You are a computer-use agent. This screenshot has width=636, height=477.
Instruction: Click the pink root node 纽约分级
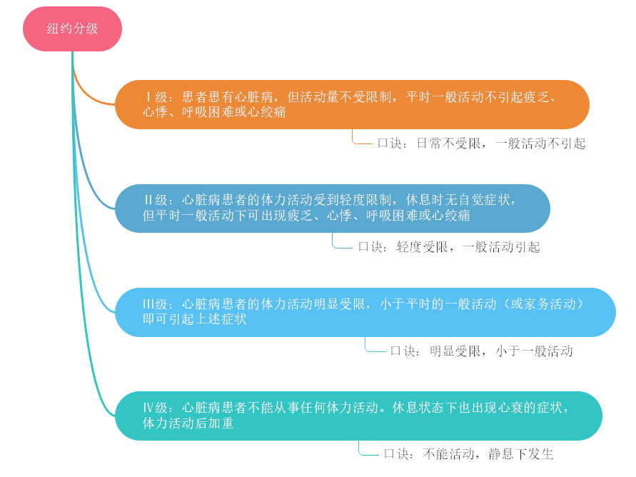pos(72,29)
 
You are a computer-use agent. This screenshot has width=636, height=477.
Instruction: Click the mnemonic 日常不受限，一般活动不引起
pos(481,144)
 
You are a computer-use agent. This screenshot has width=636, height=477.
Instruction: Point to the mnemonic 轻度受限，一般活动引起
pos(449,247)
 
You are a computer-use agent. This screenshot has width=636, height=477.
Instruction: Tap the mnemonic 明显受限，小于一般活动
pos(481,351)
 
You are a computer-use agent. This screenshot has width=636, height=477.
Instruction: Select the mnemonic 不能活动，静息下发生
pos(468,454)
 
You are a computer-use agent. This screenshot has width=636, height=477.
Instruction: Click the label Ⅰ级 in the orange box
pos(156,97)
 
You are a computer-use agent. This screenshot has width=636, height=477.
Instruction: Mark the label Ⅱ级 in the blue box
pos(156,201)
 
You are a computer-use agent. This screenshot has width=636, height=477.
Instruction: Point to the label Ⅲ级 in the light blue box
pos(156,305)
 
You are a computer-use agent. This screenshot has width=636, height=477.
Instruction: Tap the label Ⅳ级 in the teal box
pos(156,408)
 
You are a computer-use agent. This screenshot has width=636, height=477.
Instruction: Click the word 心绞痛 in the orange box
pos(266,113)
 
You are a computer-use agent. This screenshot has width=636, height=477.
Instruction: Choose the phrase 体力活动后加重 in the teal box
pos(188,423)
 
